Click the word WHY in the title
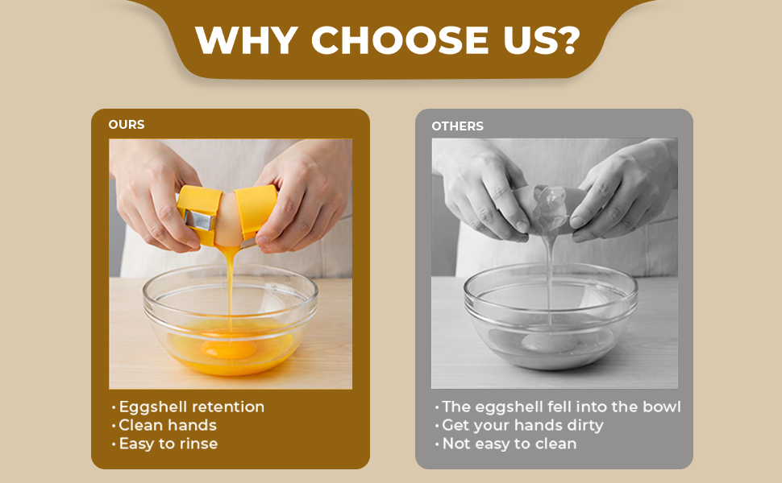pos(245,40)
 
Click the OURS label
pos(127,126)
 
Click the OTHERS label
pos(457,126)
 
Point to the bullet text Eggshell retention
pos(191,407)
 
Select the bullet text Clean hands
pos(168,425)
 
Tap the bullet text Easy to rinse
pos(168,444)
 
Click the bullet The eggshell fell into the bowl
pos(561,407)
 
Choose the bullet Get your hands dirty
pos(522,425)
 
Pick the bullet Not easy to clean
pos(509,444)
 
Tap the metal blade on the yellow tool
pos(198,220)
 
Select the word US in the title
pos(523,40)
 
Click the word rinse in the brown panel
pos(198,444)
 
